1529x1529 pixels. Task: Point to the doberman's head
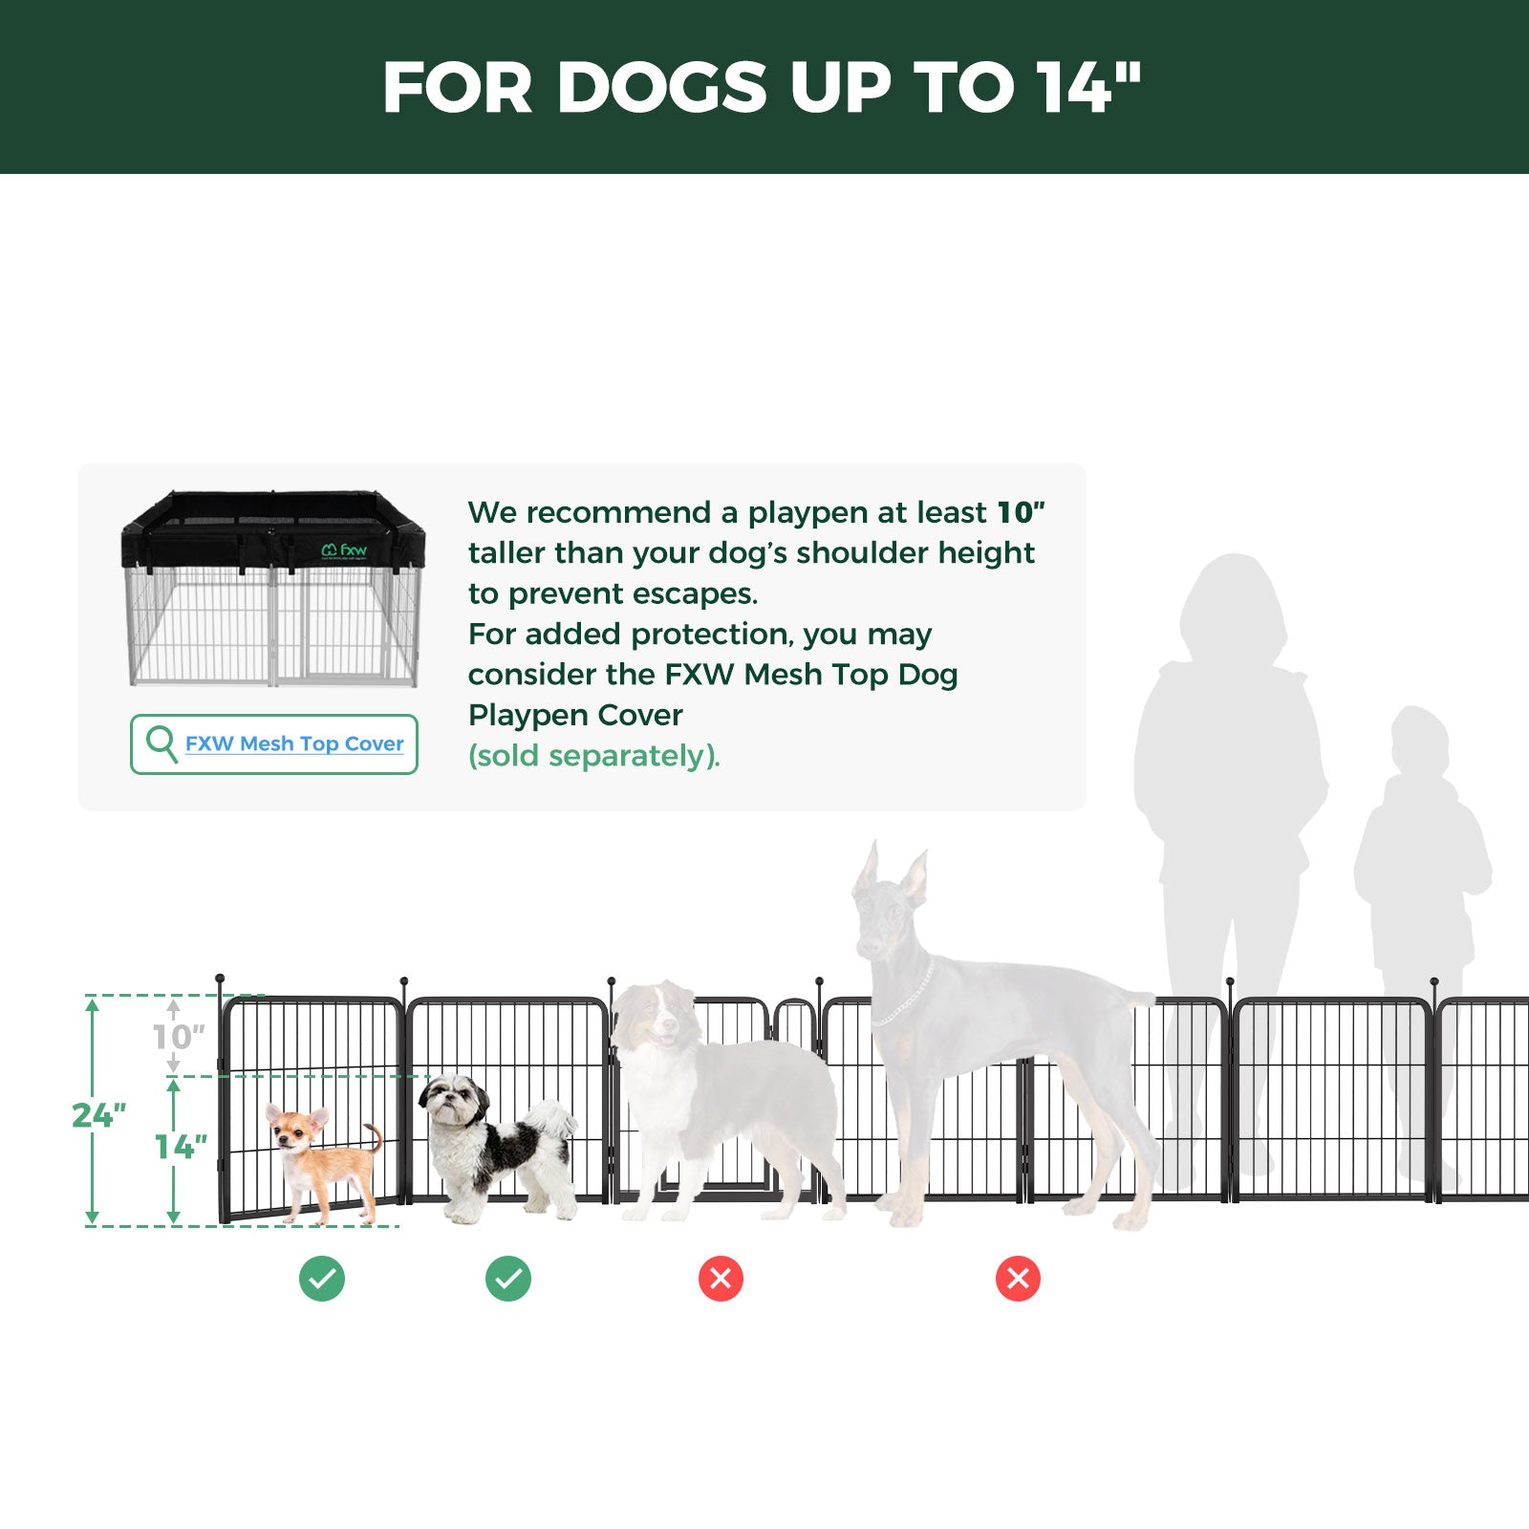click(x=889, y=908)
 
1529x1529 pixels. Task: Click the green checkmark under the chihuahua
click(x=322, y=1279)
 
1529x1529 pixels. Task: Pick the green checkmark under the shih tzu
click(x=508, y=1279)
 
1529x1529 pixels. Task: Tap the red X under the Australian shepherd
click(x=721, y=1279)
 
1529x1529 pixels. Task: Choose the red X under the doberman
click(x=1018, y=1279)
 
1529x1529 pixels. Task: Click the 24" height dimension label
click(x=98, y=1115)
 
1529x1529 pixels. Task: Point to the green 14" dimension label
click(x=181, y=1147)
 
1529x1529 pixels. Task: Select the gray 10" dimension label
click(x=179, y=1037)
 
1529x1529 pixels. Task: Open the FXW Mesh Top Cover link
click(x=294, y=743)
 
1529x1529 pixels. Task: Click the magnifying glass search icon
click(x=161, y=743)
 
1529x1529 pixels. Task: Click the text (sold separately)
click(x=593, y=756)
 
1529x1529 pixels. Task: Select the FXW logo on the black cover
click(x=344, y=550)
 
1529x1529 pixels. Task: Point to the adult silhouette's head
click(x=1233, y=602)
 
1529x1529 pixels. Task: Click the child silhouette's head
click(x=1419, y=741)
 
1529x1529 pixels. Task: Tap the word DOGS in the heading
click(x=661, y=88)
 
